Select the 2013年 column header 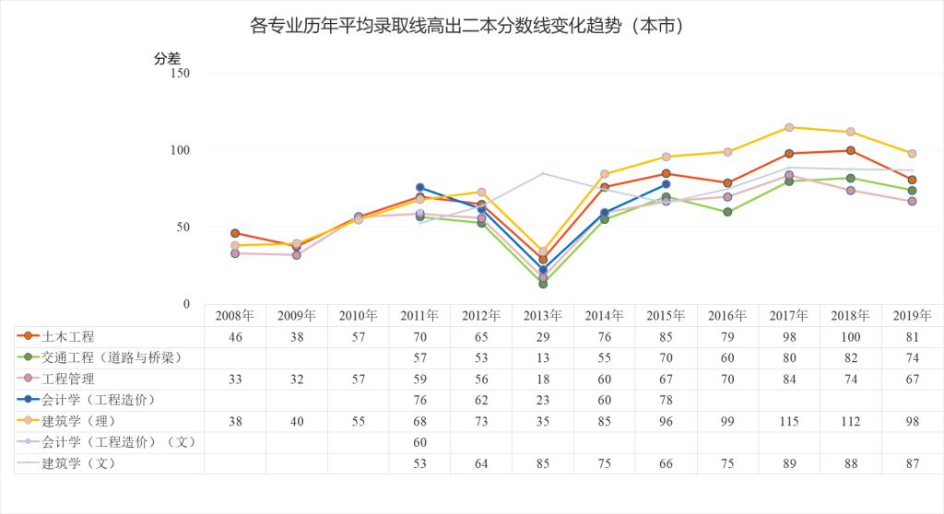tap(543, 315)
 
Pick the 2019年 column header tap(913, 315)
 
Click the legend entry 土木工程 tap(68, 337)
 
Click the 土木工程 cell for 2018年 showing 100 tap(851, 337)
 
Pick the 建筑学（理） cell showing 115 tap(789, 421)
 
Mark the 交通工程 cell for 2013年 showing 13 tap(543, 358)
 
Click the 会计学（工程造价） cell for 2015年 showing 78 tap(666, 400)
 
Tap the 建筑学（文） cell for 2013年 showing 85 tap(543, 463)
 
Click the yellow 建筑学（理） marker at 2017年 tap(789, 127)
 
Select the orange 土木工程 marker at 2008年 tap(235, 233)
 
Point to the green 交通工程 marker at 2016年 tap(727, 212)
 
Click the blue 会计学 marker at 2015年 tap(666, 184)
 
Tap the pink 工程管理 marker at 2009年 tap(297, 254)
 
